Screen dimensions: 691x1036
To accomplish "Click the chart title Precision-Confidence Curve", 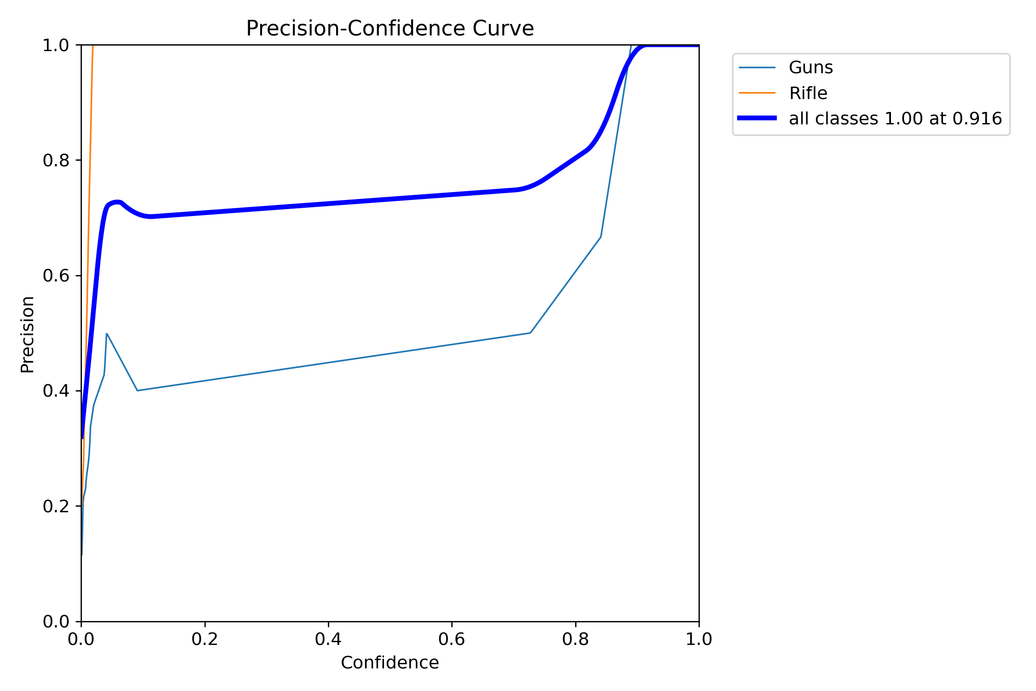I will [390, 29].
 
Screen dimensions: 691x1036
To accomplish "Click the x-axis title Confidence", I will [390, 662].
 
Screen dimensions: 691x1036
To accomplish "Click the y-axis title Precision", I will [28, 334].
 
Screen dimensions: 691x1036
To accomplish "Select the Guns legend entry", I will [810, 68].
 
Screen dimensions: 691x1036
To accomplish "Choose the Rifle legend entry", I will [808, 93].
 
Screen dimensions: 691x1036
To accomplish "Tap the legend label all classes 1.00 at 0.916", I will [895, 119].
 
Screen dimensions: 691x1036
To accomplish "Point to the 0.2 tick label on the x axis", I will [204, 639].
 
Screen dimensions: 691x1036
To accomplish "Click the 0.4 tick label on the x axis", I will [328, 639].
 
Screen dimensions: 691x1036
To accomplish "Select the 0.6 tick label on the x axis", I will [452, 639].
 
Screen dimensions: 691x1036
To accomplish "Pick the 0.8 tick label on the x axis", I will [575, 639].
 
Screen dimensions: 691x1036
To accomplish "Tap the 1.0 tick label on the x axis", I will [698, 639].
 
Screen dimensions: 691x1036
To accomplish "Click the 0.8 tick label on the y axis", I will [56, 160].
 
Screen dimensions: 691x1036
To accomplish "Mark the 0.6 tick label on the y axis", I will [56, 275].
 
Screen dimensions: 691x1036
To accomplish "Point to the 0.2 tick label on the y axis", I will [56, 506].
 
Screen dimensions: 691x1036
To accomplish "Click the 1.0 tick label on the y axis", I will [56, 45].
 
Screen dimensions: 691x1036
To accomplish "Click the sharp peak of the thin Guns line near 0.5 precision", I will [107, 334].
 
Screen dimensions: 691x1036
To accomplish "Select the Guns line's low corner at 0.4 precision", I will [137, 391].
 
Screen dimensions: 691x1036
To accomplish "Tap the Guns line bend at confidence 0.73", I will [530, 333].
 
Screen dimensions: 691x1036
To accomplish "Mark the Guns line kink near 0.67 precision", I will [600, 237].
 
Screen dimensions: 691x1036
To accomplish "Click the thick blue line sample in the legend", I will [757, 118].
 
